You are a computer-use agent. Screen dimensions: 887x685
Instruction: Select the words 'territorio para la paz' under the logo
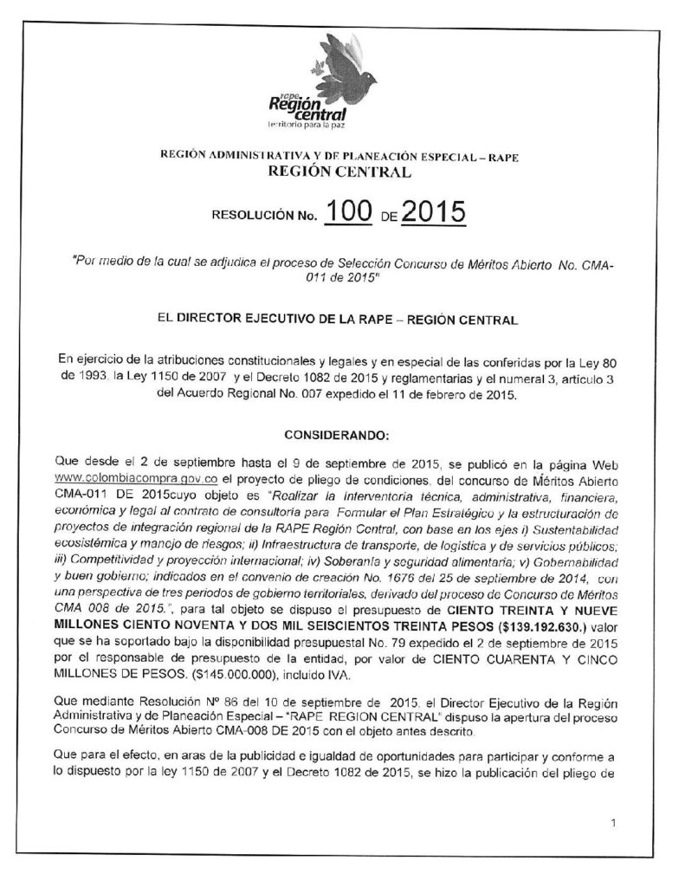click(x=308, y=127)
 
